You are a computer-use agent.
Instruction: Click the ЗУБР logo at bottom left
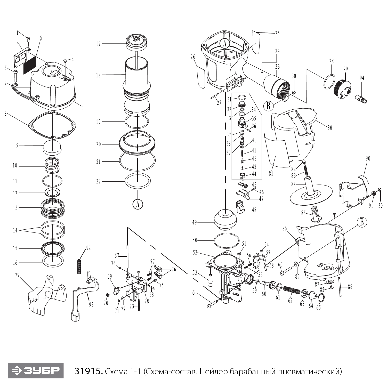click(x=36, y=371)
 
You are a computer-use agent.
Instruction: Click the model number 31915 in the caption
click(x=88, y=371)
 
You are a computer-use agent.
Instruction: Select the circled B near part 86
click(x=362, y=222)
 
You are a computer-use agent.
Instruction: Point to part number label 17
click(x=98, y=44)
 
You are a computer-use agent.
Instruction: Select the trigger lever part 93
click(x=85, y=294)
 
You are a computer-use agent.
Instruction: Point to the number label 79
click(x=17, y=275)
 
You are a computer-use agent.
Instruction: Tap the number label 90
click(x=368, y=158)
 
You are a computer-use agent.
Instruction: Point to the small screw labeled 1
click(x=28, y=39)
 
